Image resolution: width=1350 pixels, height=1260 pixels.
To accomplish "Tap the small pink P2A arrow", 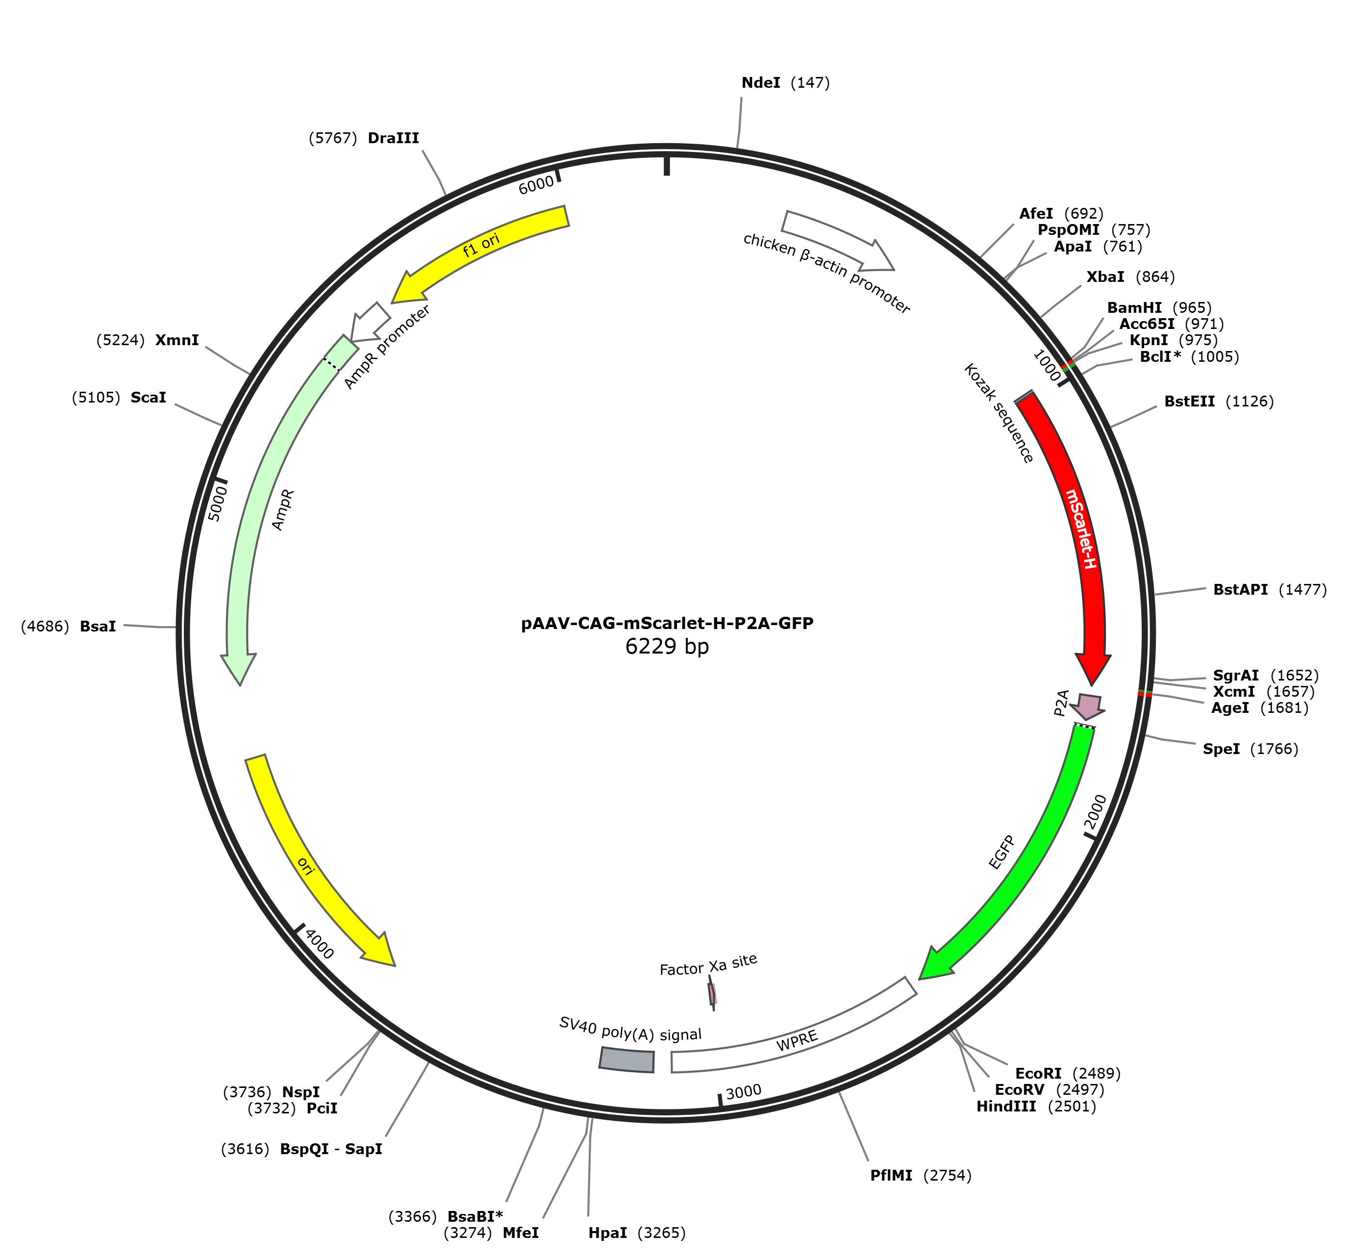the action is (x=1088, y=706).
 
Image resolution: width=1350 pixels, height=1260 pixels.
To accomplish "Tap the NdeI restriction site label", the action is (x=761, y=83).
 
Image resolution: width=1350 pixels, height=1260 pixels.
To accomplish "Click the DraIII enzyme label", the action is (x=393, y=139).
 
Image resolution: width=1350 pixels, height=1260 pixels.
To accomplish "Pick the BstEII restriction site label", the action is (x=1189, y=402).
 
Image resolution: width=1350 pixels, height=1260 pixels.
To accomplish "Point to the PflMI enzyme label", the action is (x=891, y=1175).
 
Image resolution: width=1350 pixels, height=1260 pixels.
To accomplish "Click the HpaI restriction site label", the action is (x=608, y=1233).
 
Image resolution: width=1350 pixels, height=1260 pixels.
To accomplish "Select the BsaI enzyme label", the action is (x=98, y=626).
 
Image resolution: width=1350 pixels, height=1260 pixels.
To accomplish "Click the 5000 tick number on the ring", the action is (x=217, y=503).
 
